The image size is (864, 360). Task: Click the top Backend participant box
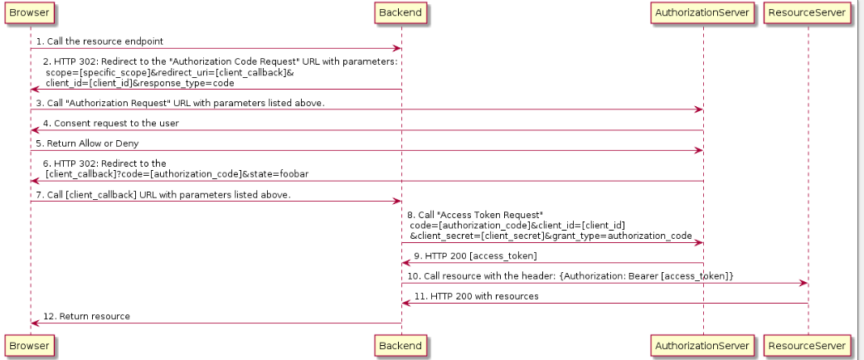point(401,12)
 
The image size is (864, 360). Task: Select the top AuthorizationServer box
point(702,12)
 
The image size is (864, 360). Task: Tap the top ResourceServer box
point(808,12)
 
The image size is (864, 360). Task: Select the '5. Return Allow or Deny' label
point(87,144)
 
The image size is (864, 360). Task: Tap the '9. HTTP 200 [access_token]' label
point(475,255)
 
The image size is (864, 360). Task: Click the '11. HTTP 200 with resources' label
point(476,296)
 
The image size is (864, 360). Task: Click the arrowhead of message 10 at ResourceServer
point(803,284)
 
